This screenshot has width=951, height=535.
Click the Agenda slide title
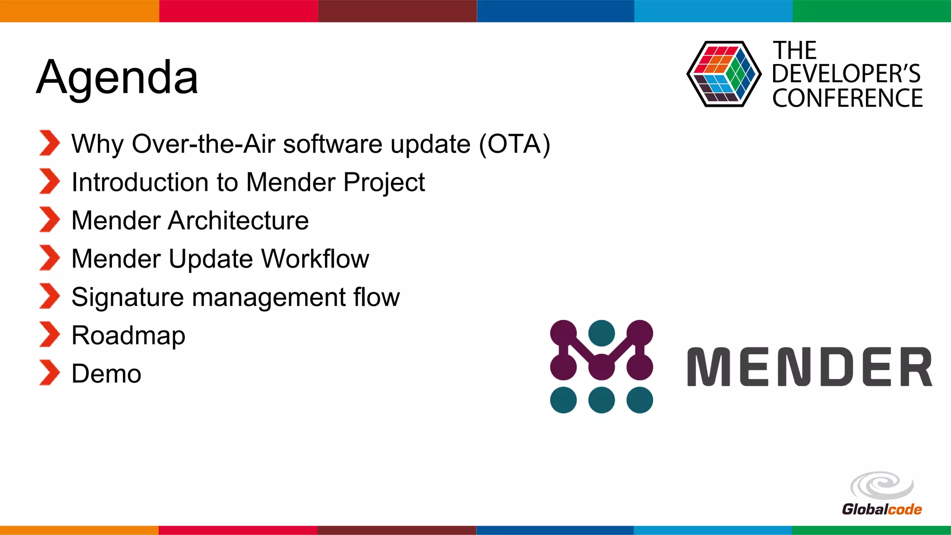[117, 77]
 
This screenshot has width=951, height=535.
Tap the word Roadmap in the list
[128, 335]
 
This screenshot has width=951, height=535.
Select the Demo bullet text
[106, 374]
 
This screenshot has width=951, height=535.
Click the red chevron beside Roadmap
[49, 334]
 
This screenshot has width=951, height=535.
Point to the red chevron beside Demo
[49, 373]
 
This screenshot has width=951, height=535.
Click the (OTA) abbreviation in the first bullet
[515, 144]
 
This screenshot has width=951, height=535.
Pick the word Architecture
[238, 220]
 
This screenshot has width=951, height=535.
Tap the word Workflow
[315, 259]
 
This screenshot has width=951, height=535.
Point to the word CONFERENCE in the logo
[847, 98]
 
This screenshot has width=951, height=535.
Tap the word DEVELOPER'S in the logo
[846, 74]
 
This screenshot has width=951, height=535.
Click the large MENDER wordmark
[809, 367]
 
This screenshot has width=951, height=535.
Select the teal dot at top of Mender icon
[601, 333]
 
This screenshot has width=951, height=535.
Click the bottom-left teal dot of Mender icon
[563, 400]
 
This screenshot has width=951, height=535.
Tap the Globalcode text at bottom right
[881, 509]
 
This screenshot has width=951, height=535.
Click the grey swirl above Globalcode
[881, 486]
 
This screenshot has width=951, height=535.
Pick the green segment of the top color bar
[871, 11]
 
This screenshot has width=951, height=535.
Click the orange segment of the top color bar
[79, 11]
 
